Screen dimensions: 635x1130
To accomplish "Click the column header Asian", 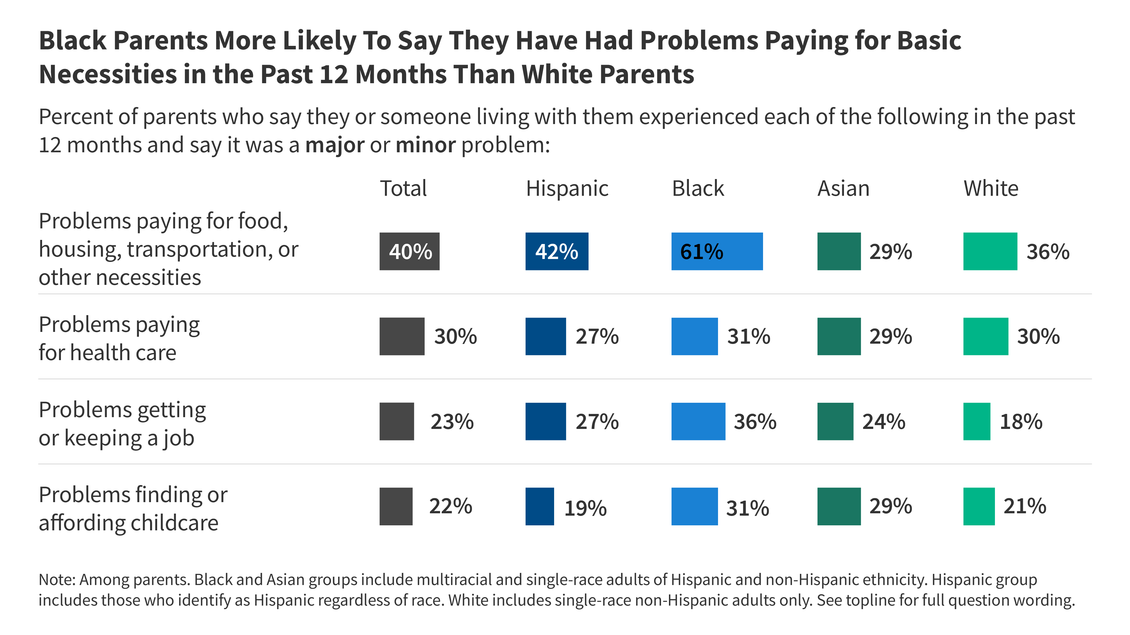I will coord(843,188).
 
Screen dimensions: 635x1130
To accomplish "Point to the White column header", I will coord(991,188).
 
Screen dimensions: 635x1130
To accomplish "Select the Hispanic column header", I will coord(567,188).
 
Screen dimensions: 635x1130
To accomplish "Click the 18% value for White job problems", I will coord(1021,422).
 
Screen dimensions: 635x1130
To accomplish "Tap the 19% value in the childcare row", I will coord(585,508).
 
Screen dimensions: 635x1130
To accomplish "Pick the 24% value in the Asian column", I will coord(883,422).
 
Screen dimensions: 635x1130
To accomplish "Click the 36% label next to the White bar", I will coord(1048,252).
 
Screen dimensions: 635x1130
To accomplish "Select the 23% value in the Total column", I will coord(452,422).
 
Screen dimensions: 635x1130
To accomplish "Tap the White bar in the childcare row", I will coord(979,506).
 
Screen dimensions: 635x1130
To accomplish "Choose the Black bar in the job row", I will coord(698,421).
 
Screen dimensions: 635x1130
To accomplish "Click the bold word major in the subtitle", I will coord(335,145).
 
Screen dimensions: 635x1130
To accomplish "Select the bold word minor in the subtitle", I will coord(426,145).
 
